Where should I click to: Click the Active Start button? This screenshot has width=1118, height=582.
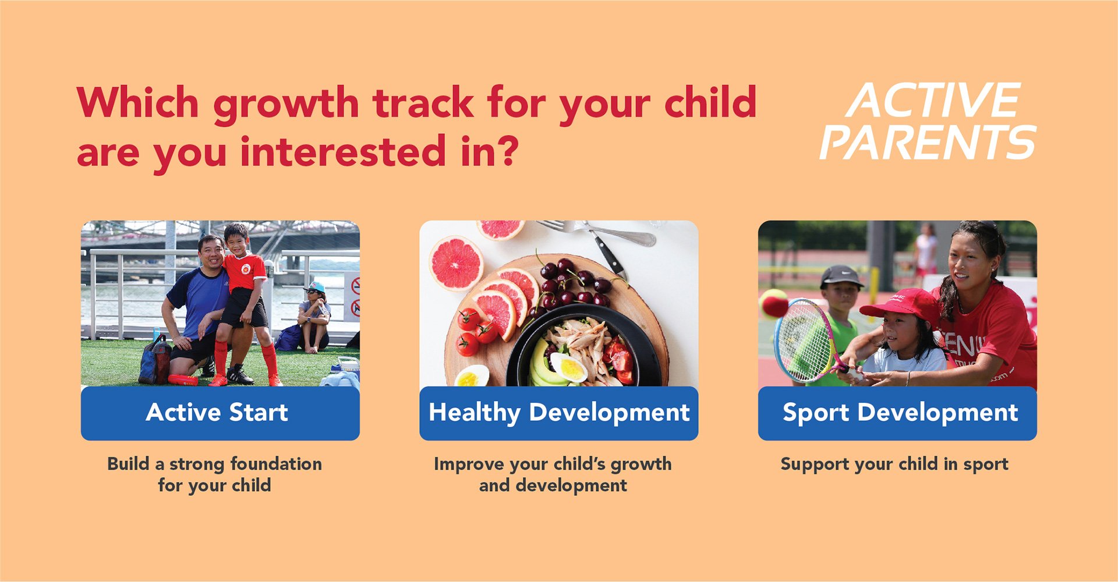coord(220,413)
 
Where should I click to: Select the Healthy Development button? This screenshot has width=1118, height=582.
coord(559,413)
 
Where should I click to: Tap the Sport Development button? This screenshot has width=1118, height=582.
coord(897,413)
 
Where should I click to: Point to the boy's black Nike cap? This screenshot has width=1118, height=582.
coord(841,276)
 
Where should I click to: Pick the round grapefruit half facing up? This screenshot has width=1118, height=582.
coord(457,263)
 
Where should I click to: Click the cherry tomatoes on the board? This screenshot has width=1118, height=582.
coord(475,331)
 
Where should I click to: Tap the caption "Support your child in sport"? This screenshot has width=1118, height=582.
coord(894,464)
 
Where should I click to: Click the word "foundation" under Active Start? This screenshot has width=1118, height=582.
coord(276,464)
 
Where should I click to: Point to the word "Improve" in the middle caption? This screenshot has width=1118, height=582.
coord(469,464)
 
